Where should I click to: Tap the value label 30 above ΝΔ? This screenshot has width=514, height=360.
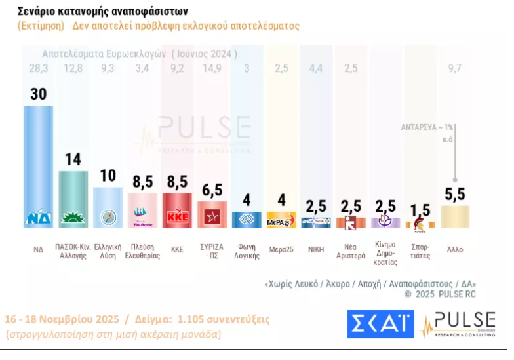[39, 94]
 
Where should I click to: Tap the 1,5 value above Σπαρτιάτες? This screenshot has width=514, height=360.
[420, 210]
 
